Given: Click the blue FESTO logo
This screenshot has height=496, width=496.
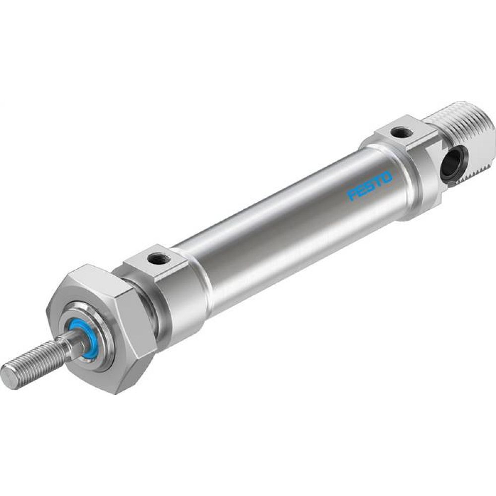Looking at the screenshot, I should coord(370,186).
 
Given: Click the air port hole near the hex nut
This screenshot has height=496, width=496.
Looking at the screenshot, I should coord(159,258).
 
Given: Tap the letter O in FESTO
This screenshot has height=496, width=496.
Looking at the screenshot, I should coord(387,177).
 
